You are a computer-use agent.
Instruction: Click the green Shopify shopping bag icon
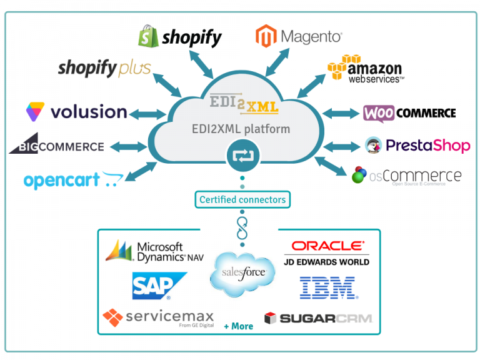tap(148, 36)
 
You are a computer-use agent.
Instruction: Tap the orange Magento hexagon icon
tap(266, 36)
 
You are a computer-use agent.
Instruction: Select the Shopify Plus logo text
tap(104, 68)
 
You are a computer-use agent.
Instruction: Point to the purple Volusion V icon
tap(36, 112)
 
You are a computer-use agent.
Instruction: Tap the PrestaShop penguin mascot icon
tap(373, 146)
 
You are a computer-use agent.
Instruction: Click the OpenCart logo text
tap(62, 181)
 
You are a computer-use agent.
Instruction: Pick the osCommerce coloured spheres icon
tap(359, 175)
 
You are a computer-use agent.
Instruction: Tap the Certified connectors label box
tap(242, 200)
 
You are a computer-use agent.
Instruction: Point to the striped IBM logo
tap(327, 287)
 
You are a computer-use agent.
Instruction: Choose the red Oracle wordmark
tap(327, 246)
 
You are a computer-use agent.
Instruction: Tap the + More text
tap(238, 326)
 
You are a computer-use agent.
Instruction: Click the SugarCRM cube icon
tap(270, 318)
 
